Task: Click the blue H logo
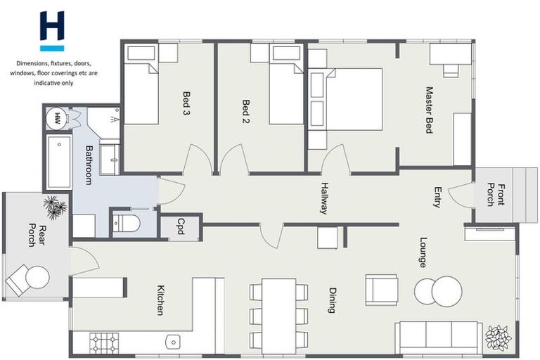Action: point(52,30)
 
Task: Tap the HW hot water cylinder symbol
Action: point(57,117)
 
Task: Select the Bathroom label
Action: point(89,165)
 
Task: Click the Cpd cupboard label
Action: point(180,226)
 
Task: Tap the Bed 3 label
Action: point(186,103)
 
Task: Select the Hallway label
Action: point(324,198)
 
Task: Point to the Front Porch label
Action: point(496,195)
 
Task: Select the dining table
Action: point(279,314)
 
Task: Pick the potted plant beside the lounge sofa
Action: point(499,337)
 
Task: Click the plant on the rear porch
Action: point(55,207)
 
